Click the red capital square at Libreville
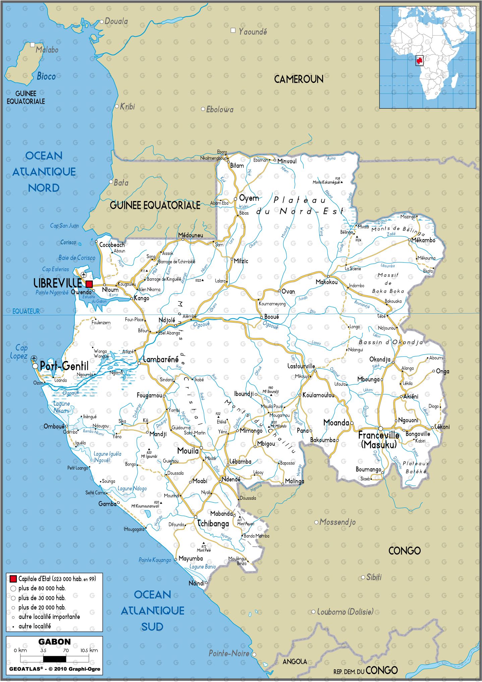89,284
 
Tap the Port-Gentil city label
64,366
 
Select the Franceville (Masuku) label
379,440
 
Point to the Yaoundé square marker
233,31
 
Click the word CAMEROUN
299,80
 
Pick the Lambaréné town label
161,360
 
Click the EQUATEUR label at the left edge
26,311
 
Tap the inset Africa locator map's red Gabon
420,61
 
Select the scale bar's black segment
54,659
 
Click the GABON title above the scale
54,641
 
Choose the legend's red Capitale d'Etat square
13,579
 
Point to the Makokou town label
326,282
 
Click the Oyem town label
249,198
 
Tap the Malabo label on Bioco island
47,50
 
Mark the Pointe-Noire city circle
254,654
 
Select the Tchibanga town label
213,524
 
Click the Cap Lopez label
19,352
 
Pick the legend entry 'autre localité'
35,626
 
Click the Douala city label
116,21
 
